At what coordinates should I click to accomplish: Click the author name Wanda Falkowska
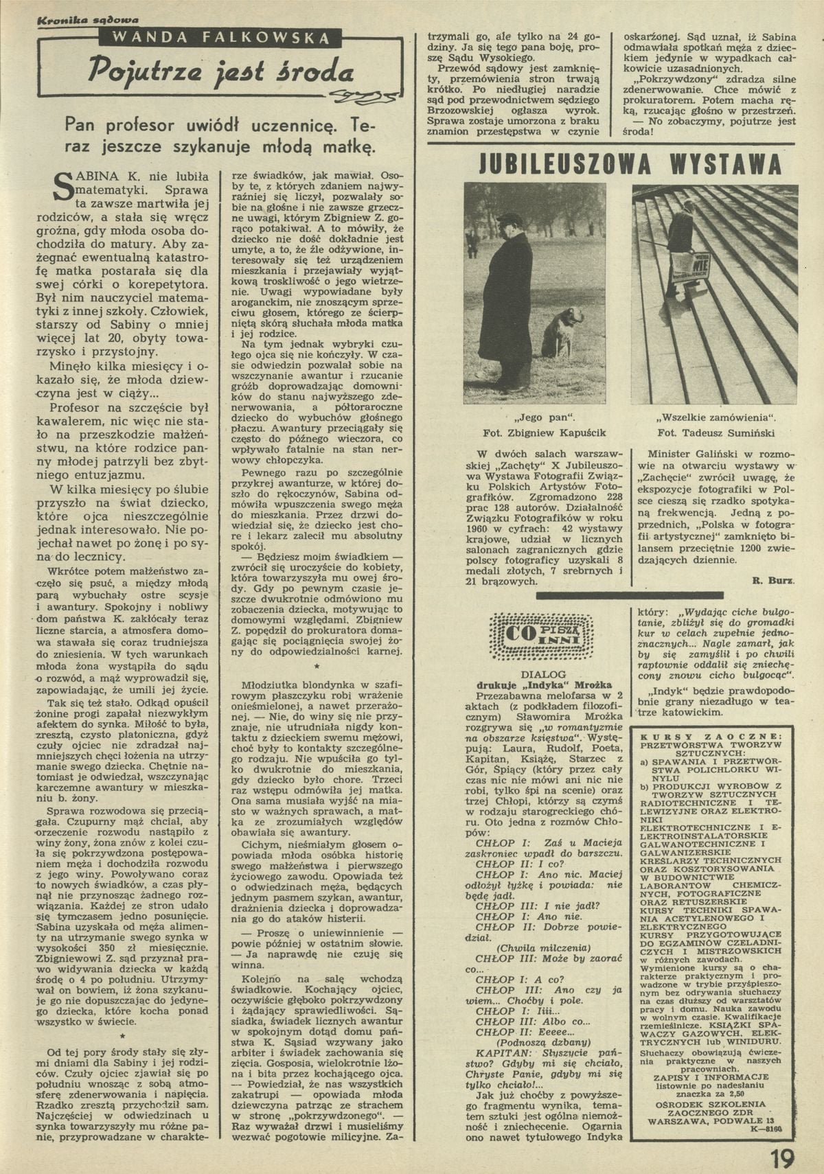218,37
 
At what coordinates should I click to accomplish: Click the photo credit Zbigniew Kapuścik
545,433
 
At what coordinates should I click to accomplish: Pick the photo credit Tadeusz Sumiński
716,433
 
